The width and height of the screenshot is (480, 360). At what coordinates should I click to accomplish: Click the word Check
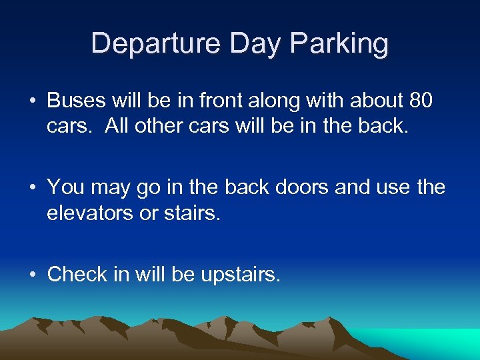point(75,274)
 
